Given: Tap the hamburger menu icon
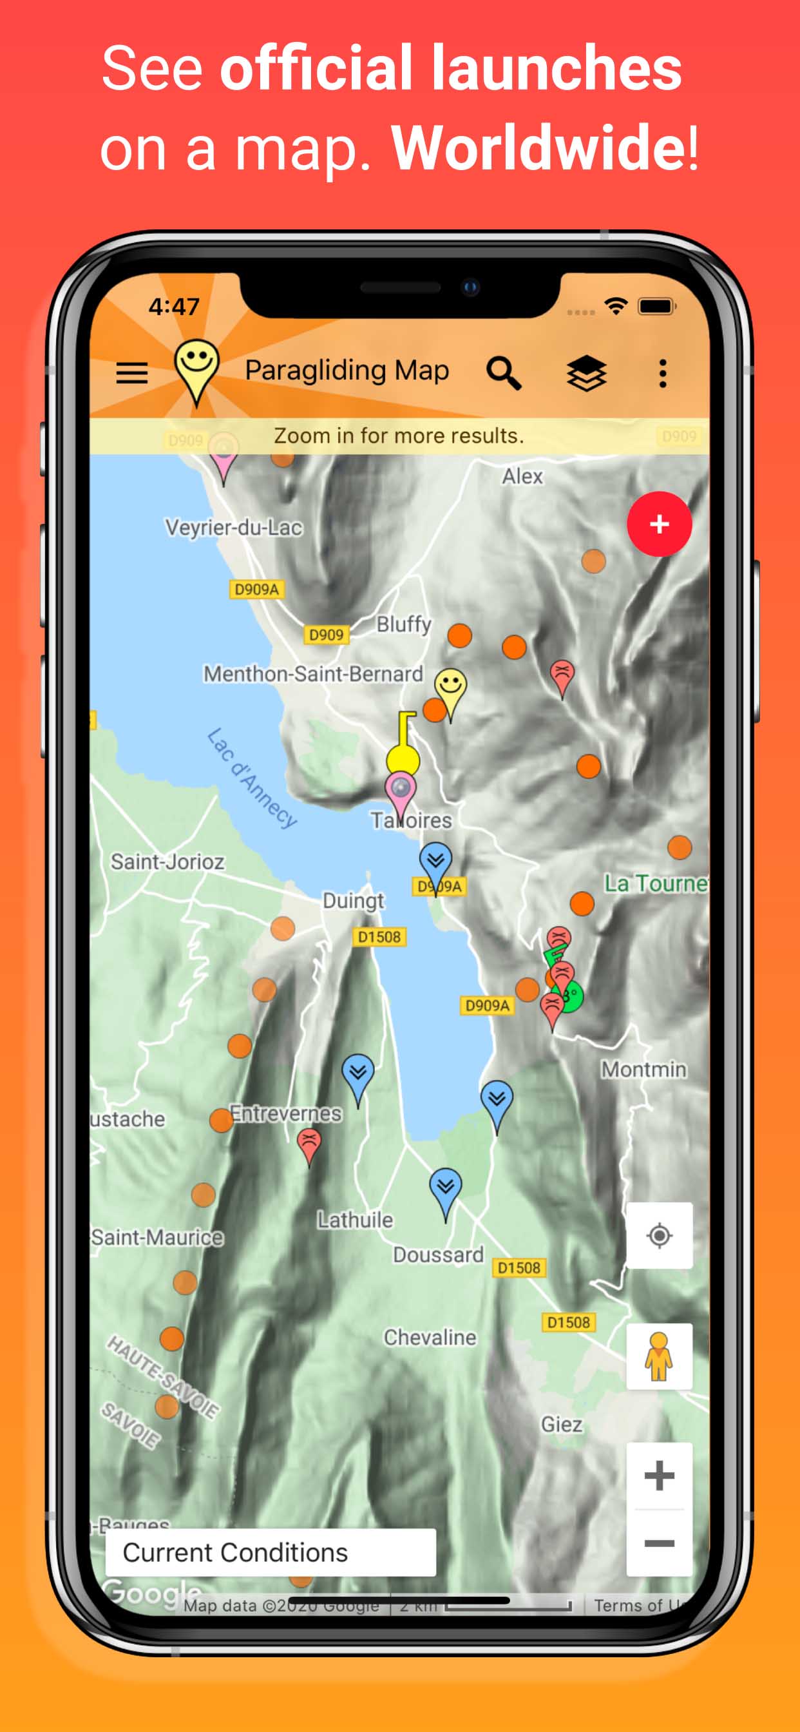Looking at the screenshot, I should [x=132, y=372].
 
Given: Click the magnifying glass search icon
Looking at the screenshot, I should [x=504, y=372].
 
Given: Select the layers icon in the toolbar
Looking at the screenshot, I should [x=586, y=372].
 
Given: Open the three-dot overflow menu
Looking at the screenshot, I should [x=663, y=372].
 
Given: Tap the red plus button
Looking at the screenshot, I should [x=659, y=524].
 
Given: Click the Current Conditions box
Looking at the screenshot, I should [x=271, y=1552].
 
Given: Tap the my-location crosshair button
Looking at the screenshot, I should [x=659, y=1235].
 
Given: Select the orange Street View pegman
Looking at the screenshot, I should [x=659, y=1356].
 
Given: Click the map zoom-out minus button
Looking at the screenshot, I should [x=659, y=1543].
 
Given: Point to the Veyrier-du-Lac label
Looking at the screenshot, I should [x=234, y=528].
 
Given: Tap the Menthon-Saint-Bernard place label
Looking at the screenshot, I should [x=313, y=674].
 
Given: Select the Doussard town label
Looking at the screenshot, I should [x=438, y=1255].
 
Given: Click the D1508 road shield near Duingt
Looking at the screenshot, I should [x=379, y=937].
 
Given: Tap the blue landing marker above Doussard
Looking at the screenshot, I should [x=445, y=1188].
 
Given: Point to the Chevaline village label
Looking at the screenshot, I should [x=430, y=1337].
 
